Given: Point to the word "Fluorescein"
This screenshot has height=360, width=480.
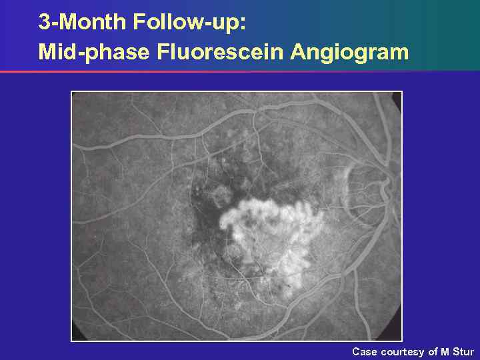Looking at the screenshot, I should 221,52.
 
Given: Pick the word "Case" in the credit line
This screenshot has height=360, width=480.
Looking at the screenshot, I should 365,351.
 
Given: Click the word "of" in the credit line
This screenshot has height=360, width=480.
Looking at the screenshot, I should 433,351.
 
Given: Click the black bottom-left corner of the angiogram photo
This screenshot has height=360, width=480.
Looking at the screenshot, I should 75,337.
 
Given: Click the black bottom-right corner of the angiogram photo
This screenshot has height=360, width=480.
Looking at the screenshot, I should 398,337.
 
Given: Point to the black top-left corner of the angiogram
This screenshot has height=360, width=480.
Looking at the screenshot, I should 75,95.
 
